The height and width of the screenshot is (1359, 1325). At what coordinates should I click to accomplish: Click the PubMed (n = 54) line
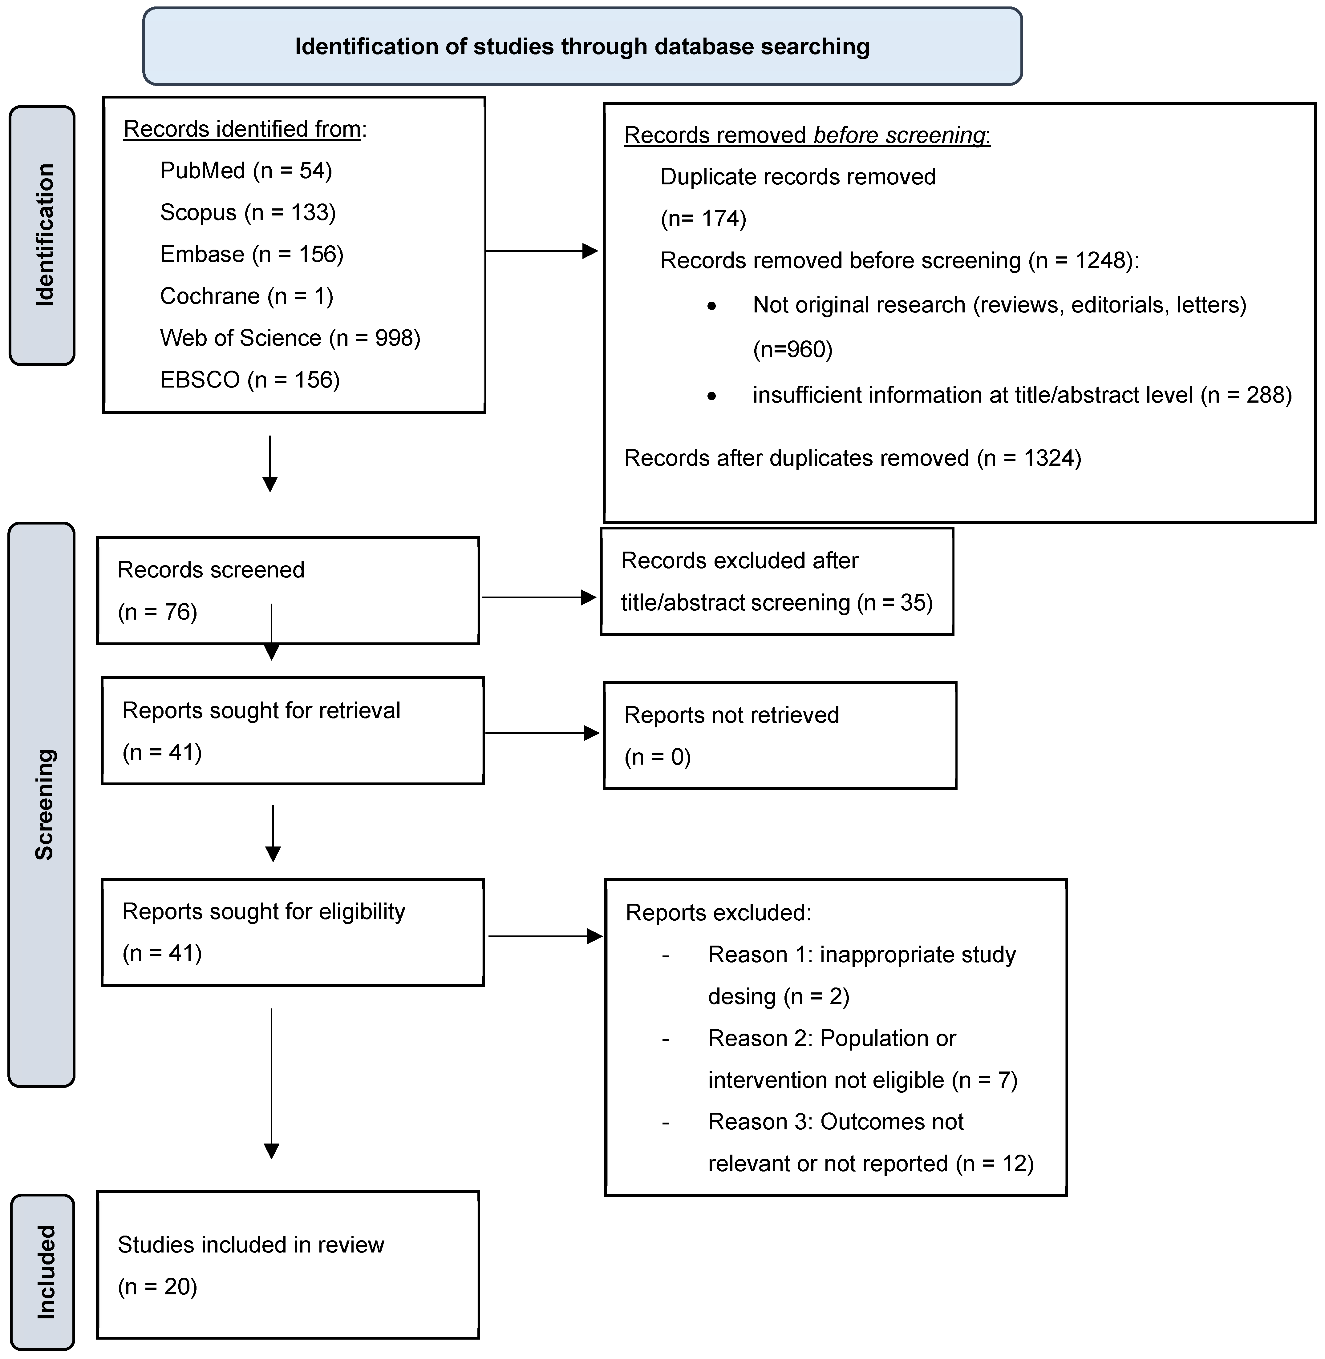[246, 171]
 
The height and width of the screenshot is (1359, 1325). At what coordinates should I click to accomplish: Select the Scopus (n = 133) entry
[248, 212]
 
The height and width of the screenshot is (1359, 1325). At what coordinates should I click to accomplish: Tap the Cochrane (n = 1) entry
[246, 296]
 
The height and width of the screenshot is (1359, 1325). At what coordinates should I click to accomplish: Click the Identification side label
[43, 235]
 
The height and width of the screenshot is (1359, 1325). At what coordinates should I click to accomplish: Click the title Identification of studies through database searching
[582, 46]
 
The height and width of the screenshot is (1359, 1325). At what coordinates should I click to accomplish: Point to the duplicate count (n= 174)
[703, 218]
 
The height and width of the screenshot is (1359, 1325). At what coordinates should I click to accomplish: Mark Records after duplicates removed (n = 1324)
[853, 458]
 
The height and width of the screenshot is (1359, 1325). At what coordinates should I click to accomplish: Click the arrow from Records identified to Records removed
[541, 251]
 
